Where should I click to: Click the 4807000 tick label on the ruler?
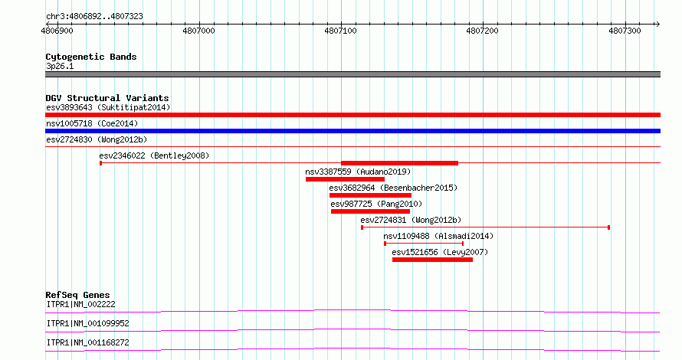[198, 31]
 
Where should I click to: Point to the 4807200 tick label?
[482, 31]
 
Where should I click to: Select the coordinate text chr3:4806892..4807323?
[94, 17]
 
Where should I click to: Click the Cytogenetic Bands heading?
[91, 57]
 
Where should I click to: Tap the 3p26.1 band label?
[60, 66]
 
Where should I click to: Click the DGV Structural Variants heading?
[107, 98]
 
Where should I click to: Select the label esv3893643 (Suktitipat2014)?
[108, 107]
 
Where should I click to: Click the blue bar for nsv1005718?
[352, 131]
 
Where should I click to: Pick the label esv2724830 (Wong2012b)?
[97, 139]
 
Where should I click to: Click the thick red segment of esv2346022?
[399, 163]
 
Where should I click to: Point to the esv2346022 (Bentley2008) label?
[154, 155]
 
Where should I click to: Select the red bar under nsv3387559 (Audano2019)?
[345, 179]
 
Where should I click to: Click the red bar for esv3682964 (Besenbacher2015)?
[370, 195]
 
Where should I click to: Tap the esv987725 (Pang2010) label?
[376, 204]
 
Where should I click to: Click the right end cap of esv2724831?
[609, 227]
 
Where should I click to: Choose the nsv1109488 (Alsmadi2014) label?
[438, 236]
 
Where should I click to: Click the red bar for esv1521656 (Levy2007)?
[432, 260]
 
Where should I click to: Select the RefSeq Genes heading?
[77, 295]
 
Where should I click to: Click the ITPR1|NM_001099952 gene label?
[88, 323]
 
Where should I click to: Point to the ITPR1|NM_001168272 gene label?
[88, 342]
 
